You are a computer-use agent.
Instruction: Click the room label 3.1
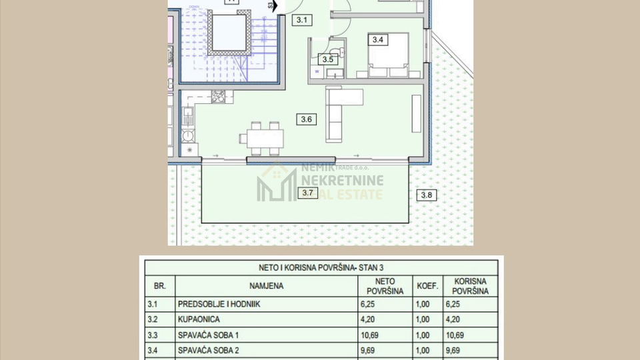(301, 20)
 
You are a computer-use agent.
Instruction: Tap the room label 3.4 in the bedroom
(378, 40)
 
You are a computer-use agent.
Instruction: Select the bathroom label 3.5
(327, 59)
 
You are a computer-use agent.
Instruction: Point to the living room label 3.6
(307, 119)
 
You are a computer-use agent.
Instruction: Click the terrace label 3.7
(307, 193)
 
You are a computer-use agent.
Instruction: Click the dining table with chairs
(261, 138)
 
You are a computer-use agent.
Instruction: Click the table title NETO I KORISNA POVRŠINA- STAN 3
(321, 267)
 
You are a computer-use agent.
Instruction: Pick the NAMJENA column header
(267, 286)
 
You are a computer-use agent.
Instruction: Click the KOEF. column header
(427, 286)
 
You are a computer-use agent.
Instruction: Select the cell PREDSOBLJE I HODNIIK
(219, 303)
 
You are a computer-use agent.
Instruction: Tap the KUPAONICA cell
(199, 319)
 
